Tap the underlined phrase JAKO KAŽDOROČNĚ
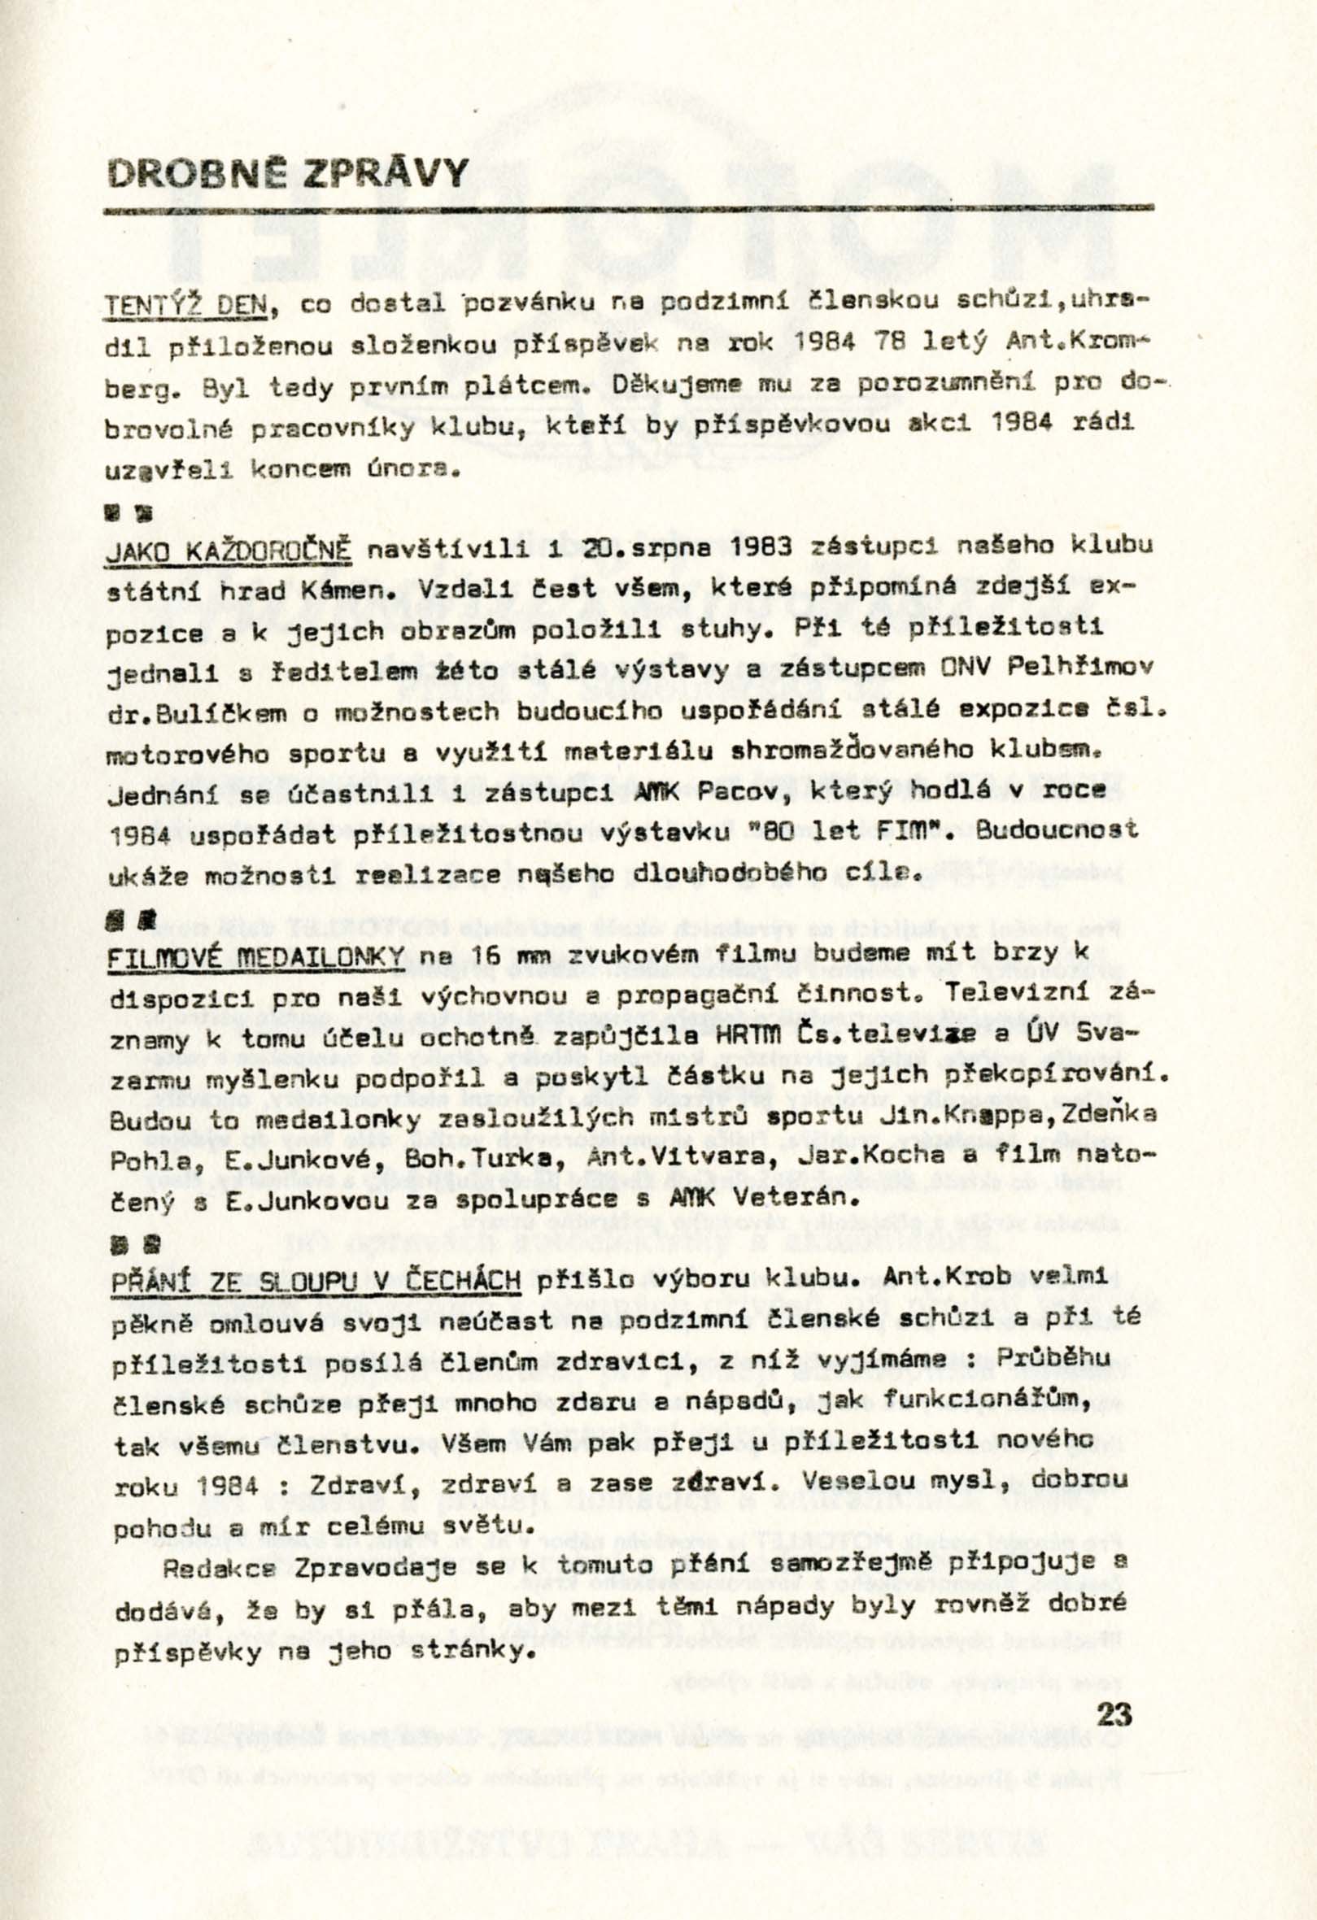(230, 551)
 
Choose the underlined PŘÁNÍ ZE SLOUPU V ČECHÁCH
(316, 1280)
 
